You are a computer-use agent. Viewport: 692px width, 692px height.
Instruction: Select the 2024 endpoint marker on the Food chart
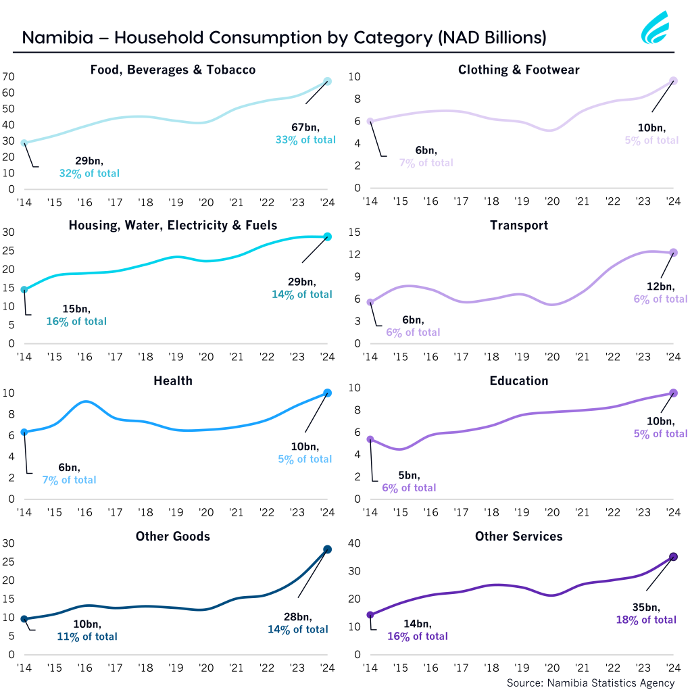click(327, 81)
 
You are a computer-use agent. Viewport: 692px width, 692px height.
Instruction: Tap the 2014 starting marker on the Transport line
click(370, 302)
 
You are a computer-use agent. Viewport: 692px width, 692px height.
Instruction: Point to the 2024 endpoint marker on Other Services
click(673, 557)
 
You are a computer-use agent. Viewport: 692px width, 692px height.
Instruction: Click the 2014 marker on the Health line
click(24, 432)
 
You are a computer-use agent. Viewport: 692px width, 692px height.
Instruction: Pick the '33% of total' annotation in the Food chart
click(303, 139)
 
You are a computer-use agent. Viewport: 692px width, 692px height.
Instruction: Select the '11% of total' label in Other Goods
click(87, 637)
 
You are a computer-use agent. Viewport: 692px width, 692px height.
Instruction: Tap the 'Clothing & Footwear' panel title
click(518, 70)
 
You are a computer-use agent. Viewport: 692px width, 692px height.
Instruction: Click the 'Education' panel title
click(518, 381)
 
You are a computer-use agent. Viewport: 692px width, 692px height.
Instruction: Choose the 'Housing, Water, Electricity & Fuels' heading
click(173, 225)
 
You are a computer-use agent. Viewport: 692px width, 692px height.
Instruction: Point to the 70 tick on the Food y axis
click(8, 76)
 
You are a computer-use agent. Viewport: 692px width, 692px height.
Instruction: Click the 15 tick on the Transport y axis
click(355, 232)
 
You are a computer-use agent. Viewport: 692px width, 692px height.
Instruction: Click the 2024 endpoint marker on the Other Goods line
click(327, 549)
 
